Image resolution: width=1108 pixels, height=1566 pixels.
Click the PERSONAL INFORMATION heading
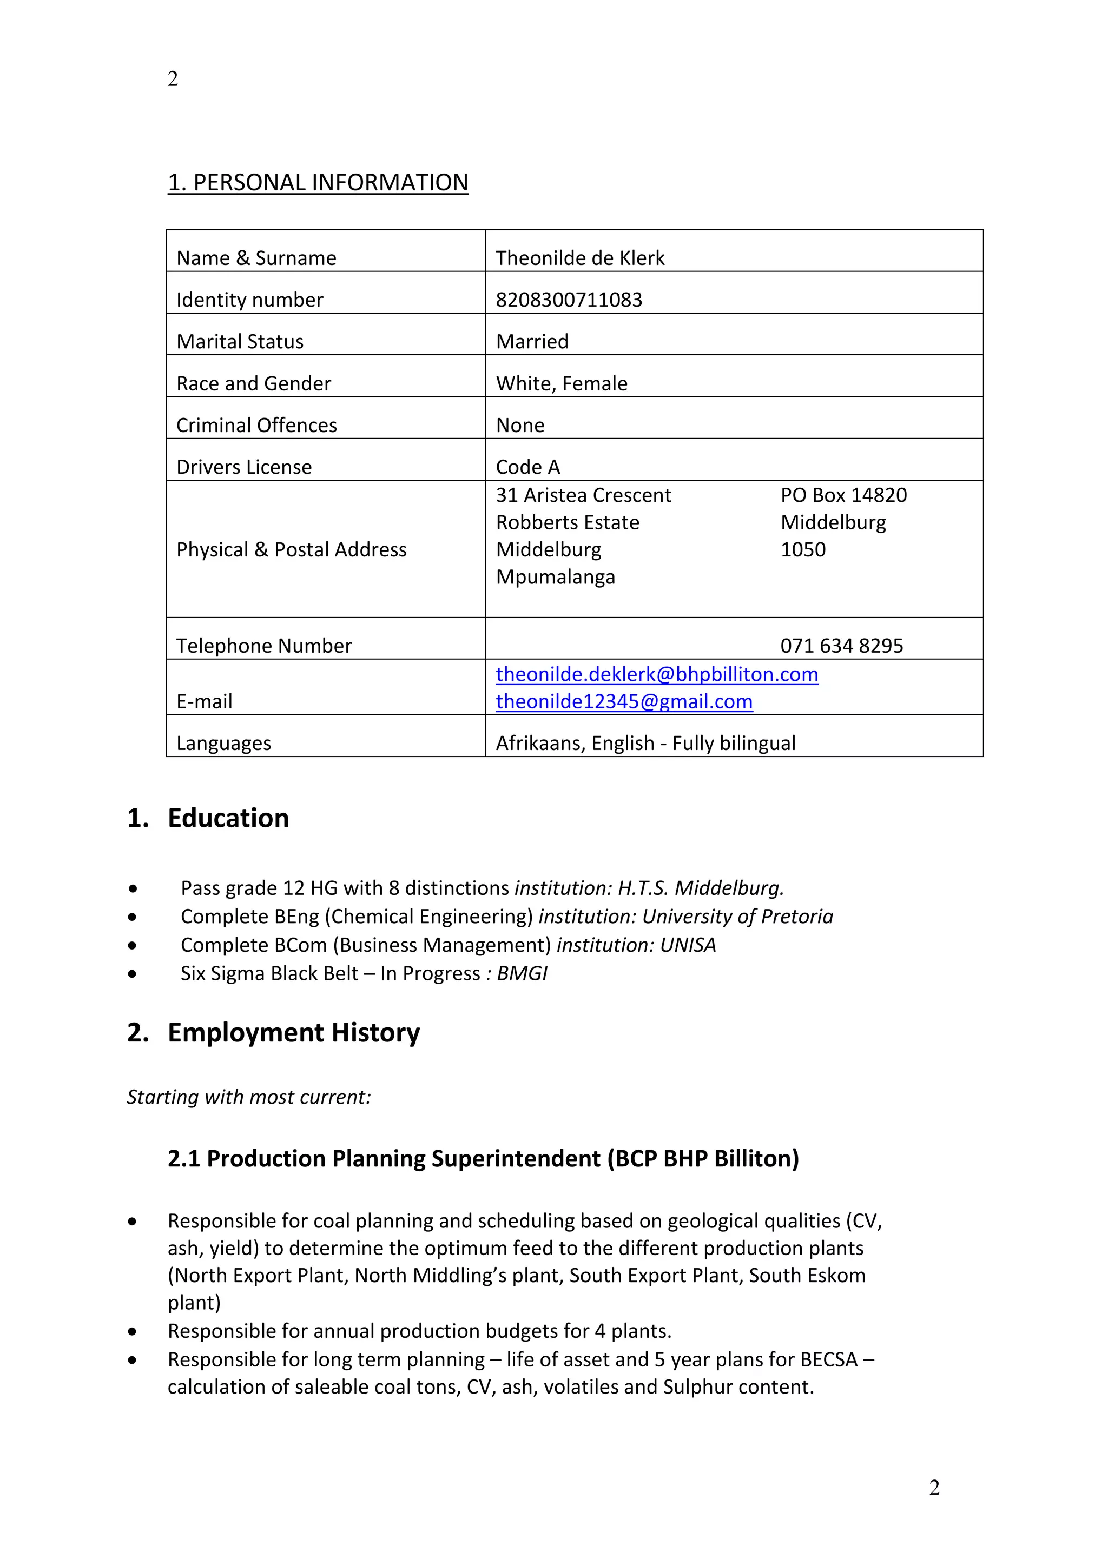318,183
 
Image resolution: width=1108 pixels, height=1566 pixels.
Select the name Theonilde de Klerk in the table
580,258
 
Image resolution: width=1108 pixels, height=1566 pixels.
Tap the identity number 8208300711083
569,300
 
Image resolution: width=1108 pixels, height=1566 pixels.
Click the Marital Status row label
240,341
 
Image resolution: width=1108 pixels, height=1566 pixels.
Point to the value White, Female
562,383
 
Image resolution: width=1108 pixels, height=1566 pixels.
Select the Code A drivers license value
527,467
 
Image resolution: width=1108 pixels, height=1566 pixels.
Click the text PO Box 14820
843,495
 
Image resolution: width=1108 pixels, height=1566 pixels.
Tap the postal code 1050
802,550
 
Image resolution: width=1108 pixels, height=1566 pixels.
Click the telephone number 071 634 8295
841,645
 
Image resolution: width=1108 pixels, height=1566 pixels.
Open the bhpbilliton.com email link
656,674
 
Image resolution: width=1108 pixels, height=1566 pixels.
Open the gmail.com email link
624,701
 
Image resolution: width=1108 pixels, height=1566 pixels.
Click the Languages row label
224,743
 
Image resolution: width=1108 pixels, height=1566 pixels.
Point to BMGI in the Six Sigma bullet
522,973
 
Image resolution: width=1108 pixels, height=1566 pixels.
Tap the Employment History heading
293,1033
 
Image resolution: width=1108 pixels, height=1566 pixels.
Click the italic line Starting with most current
248,1097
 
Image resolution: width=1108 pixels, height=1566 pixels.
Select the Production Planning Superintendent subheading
483,1158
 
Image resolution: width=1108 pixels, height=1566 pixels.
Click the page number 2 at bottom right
934,1487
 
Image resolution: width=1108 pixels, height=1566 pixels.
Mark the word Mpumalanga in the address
556,577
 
